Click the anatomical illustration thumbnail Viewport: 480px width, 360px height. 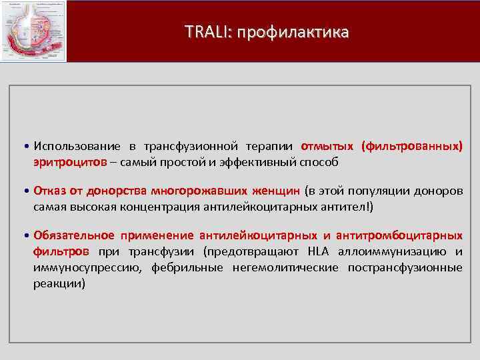34,31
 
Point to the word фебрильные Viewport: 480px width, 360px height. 196,267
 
